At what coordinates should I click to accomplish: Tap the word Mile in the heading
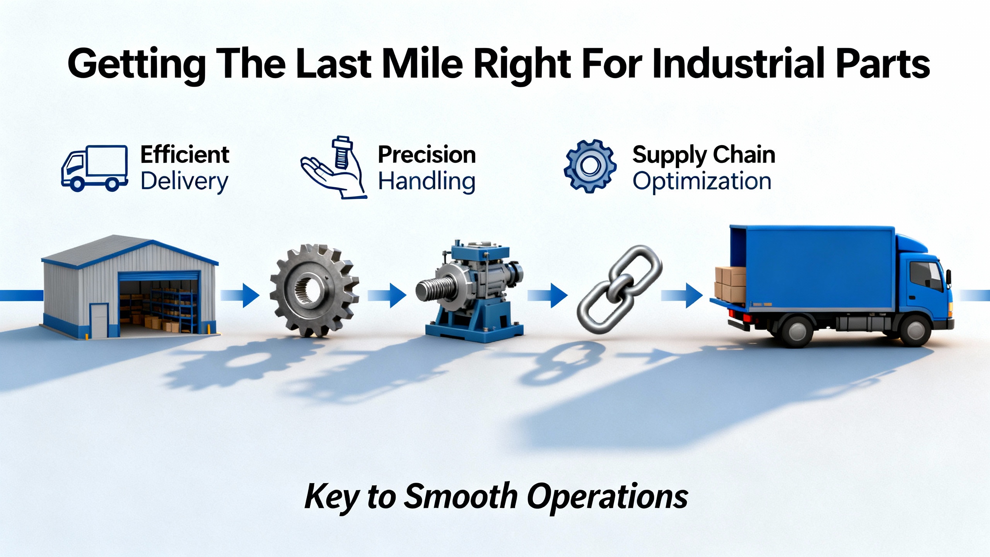[422, 63]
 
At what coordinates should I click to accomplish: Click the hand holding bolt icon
[333, 167]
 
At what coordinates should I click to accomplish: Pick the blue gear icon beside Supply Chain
[590, 166]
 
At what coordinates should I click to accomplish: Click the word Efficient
[185, 155]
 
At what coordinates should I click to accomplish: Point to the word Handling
[427, 181]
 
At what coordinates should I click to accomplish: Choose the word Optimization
[702, 181]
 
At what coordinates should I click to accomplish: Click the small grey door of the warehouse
[99, 321]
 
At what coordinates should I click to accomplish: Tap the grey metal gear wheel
[314, 290]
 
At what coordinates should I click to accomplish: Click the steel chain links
[619, 289]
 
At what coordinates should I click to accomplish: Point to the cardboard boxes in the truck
[730, 285]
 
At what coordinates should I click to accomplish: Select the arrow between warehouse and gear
[240, 296]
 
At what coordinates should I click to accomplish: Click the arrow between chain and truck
[682, 296]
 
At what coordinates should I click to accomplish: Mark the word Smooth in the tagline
[461, 497]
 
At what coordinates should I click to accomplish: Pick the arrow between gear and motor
[387, 296]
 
